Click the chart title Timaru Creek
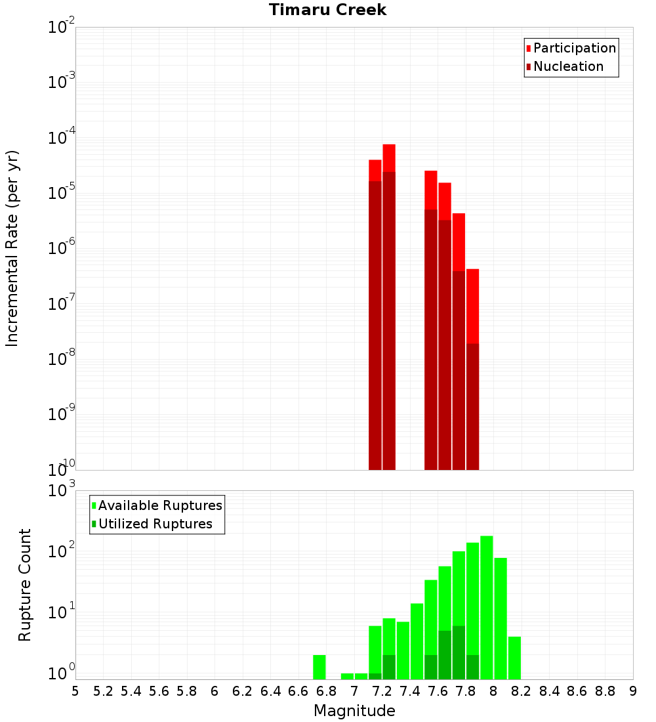pos(327,10)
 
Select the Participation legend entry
pos(574,48)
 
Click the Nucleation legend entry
pos(567,66)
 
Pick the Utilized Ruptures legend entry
pos(155,524)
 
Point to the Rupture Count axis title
pos(25,585)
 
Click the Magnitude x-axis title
pos(354,711)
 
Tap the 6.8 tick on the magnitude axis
pos(326,691)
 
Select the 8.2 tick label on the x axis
pos(522,691)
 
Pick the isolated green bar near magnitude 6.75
pos(319,667)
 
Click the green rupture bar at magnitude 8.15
pos(514,658)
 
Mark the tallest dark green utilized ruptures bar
pos(459,652)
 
